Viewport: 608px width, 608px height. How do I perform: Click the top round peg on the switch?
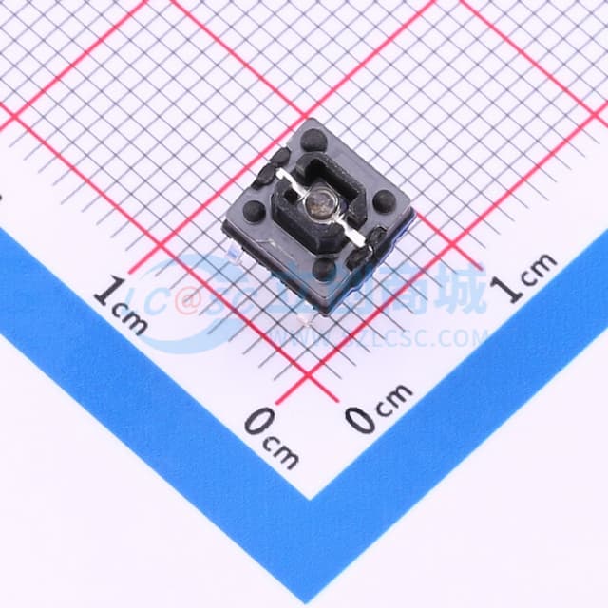313,140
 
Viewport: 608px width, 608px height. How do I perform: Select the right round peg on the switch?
384,201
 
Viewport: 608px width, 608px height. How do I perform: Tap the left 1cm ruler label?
121,304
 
